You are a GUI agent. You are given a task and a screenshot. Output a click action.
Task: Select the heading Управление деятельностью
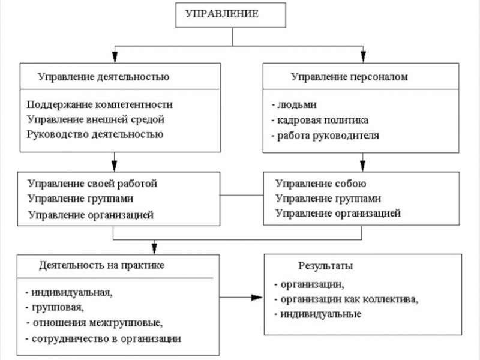tap(103, 77)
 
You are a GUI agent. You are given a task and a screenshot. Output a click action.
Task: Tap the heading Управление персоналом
tap(349, 77)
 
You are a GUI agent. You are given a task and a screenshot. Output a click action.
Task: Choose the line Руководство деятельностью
tap(95, 134)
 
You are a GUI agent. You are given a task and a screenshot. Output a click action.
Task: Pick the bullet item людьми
tap(295, 104)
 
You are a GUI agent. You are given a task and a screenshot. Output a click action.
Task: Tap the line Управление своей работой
tap(92, 183)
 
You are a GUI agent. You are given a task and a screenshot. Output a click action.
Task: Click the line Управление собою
tap(320, 184)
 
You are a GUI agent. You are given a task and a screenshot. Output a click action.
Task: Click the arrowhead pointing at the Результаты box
tap(258, 298)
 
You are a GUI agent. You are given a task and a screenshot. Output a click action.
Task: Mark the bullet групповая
tap(57, 308)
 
